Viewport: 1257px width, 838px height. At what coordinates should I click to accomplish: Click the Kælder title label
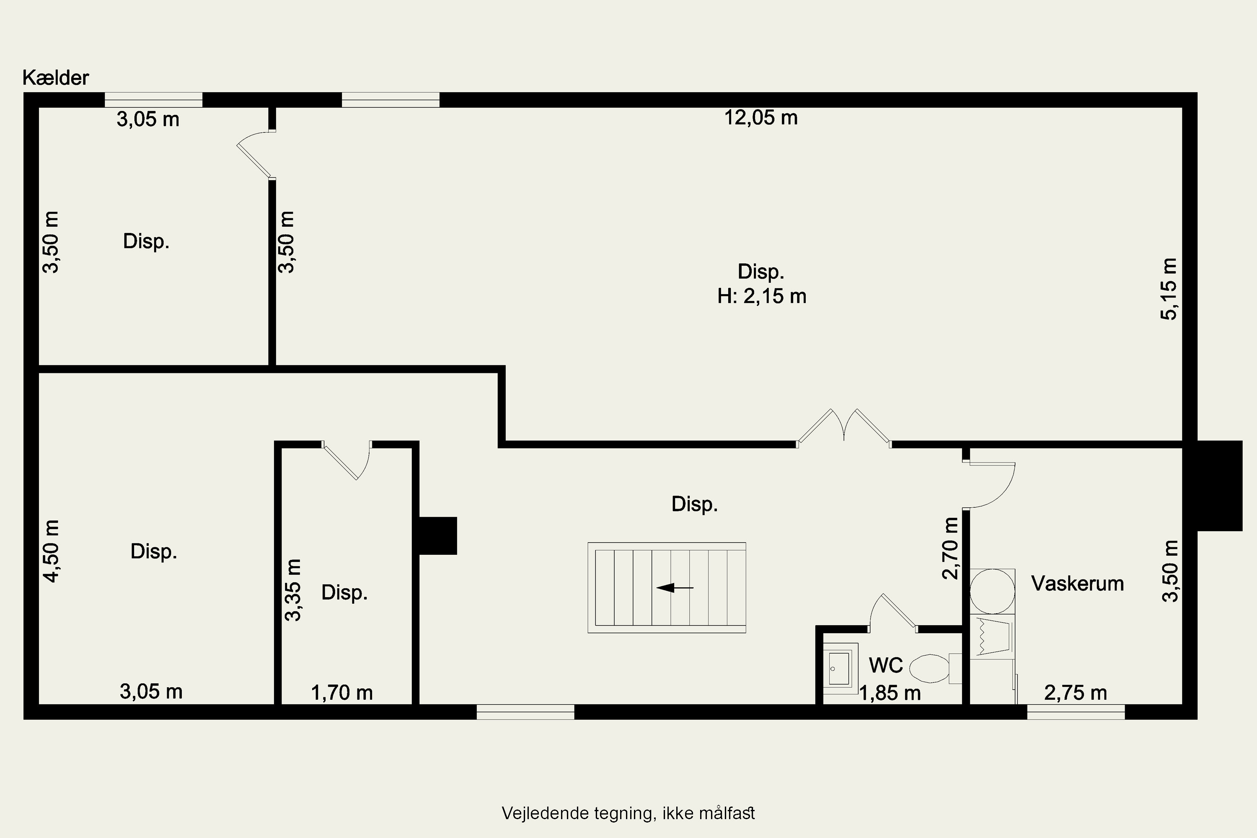(x=56, y=78)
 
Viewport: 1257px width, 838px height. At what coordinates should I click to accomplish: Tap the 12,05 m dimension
(x=760, y=118)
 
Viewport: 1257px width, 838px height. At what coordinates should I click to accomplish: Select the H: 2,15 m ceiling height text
(x=762, y=296)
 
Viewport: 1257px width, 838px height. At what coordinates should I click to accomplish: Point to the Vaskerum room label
(x=1077, y=584)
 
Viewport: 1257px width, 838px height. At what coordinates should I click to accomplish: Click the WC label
(x=886, y=665)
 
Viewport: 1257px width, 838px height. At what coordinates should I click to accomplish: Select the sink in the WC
(x=840, y=668)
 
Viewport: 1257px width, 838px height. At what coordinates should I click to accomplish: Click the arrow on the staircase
(x=675, y=588)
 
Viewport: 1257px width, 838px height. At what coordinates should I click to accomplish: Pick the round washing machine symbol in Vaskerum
(x=993, y=591)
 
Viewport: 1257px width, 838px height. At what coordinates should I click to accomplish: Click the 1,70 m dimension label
(x=341, y=693)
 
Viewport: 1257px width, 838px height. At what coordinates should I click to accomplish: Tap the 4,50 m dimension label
(x=52, y=551)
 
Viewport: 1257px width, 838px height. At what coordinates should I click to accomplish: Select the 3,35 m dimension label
(x=293, y=590)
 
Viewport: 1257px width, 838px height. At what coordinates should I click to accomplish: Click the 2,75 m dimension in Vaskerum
(x=1075, y=693)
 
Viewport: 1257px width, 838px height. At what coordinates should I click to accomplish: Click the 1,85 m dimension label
(x=890, y=693)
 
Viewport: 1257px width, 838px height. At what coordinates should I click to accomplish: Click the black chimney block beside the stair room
(x=438, y=535)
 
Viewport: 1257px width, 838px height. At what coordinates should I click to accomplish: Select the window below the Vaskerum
(x=1076, y=712)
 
